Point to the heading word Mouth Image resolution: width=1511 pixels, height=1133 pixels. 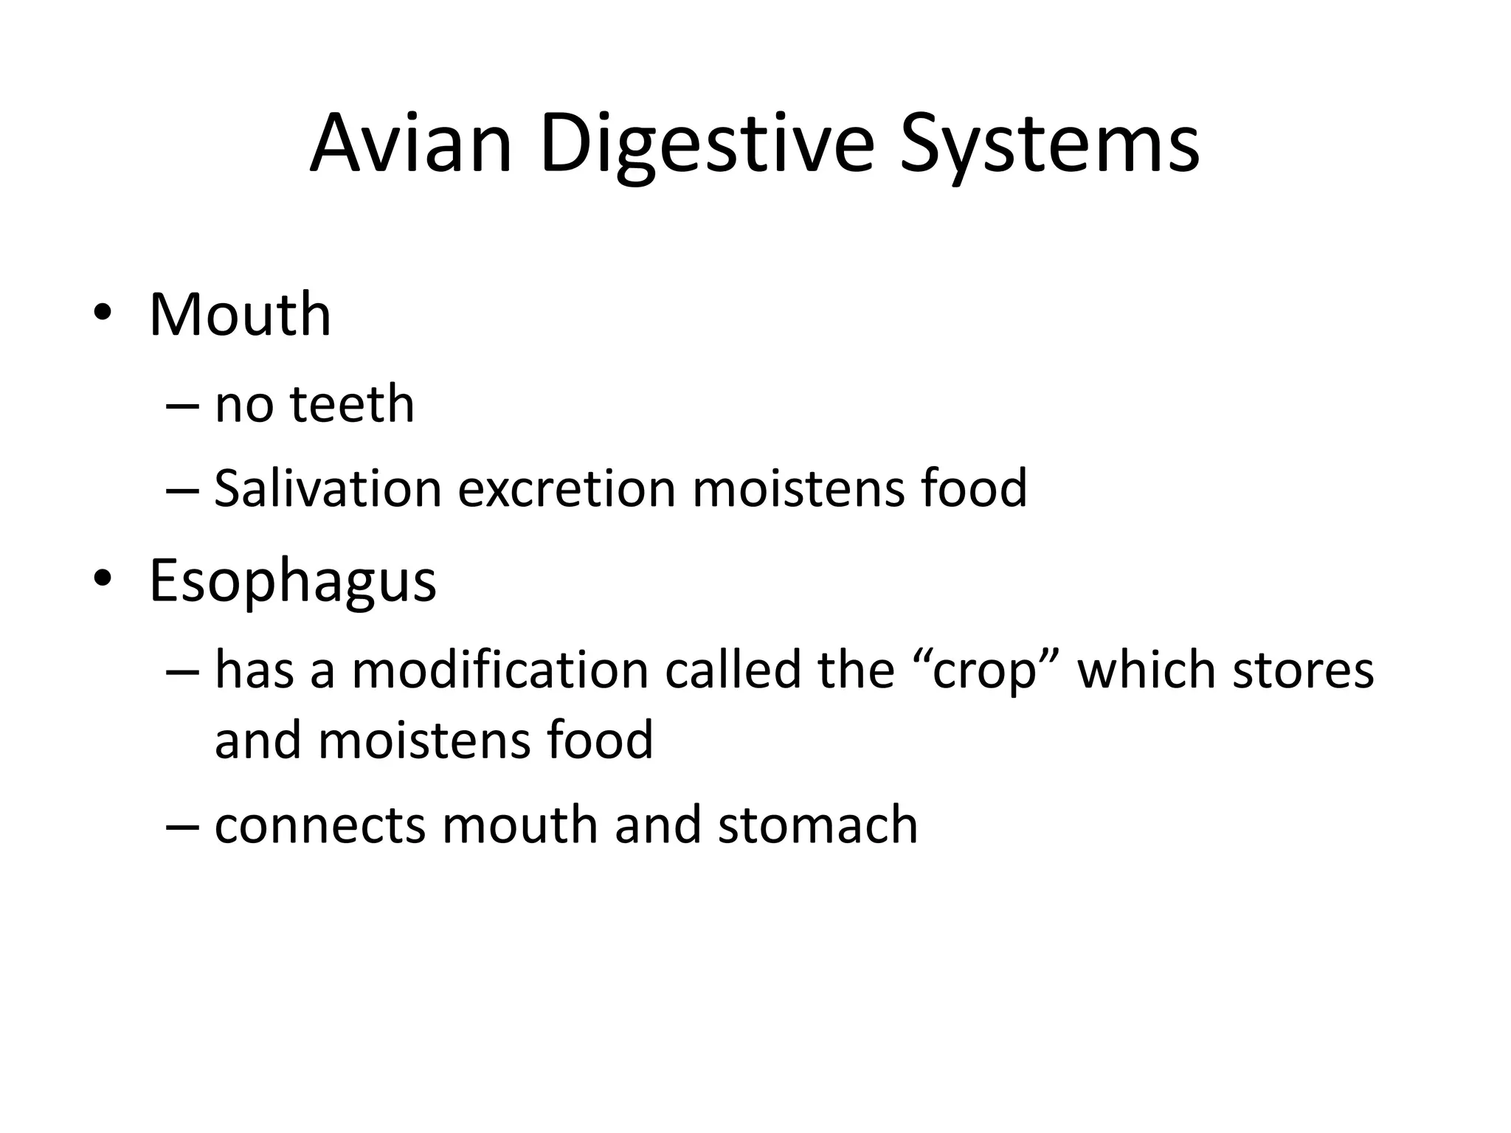[240, 315]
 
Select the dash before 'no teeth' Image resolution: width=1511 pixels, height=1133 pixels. [183, 406]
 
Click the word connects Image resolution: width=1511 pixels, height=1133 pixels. [319, 825]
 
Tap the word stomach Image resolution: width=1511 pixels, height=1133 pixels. [817, 824]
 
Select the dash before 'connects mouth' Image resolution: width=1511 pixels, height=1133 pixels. [183, 825]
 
